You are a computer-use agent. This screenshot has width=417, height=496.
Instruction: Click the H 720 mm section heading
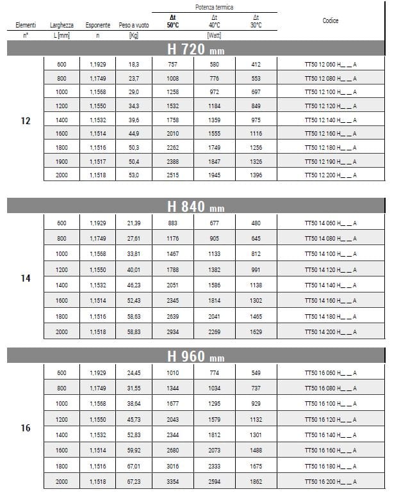click(195, 49)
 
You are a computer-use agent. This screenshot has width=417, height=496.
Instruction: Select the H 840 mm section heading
click(195, 206)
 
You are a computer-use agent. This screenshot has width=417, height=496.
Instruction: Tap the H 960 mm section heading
click(195, 356)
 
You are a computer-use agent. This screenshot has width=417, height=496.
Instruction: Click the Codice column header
click(331, 20)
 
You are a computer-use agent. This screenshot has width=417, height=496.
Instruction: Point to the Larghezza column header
click(61, 25)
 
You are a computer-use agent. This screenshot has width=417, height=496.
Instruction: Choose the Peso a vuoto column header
click(134, 25)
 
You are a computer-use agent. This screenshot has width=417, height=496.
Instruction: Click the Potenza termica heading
click(215, 6)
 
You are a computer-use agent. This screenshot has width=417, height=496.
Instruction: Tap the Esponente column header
click(98, 25)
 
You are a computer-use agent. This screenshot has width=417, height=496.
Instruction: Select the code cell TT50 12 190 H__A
click(330, 161)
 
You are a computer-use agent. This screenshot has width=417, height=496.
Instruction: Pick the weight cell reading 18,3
click(134, 64)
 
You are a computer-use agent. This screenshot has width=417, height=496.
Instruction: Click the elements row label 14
click(26, 278)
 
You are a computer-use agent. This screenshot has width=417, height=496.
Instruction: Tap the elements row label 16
click(26, 428)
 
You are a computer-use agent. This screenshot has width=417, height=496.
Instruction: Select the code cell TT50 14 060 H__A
click(330, 223)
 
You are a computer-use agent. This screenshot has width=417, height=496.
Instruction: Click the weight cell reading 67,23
click(134, 481)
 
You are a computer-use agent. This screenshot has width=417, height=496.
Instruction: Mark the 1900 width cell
click(61, 161)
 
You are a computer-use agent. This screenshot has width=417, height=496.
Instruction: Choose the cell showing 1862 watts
click(256, 481)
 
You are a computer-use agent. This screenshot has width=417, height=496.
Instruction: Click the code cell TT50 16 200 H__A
click(330, 481)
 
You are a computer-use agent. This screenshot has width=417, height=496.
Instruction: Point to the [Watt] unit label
click(215, 35)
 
